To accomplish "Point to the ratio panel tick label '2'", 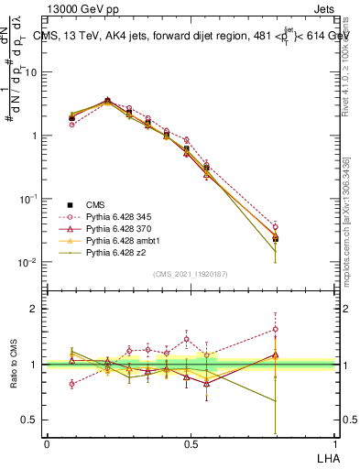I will [34, 309].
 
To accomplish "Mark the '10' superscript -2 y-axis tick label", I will [27, 262].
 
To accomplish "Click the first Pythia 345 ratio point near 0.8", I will [72, 384].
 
